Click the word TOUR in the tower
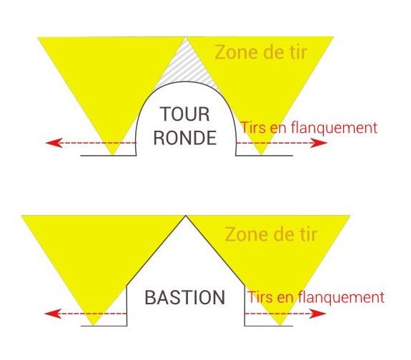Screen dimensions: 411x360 (x=185, y=114)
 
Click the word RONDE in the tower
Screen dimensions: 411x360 (x=185, y=138)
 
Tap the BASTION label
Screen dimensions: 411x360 (x=185, y=297)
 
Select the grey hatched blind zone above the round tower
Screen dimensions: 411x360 (x=186, y=68)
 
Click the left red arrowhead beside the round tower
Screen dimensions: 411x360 (x=54, y=143)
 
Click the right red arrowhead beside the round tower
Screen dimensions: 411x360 (x=319, y=143)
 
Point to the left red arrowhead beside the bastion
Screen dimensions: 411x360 (x=53, y=314)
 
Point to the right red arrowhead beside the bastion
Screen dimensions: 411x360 (x=317, y=314)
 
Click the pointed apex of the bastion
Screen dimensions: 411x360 (x=186, y=216)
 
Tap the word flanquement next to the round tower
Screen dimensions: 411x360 (x=335, y=128)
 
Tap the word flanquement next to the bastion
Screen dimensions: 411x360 (x=341, y=297)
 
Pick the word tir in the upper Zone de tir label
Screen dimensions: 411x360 (x=297, y=52)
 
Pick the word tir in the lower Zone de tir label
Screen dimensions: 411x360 (x=308, y=234)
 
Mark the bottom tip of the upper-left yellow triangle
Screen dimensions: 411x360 (x=113, y=155)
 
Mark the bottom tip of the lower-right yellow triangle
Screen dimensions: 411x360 (x=280, y=325)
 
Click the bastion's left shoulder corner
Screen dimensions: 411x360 (x=127, y=286)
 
